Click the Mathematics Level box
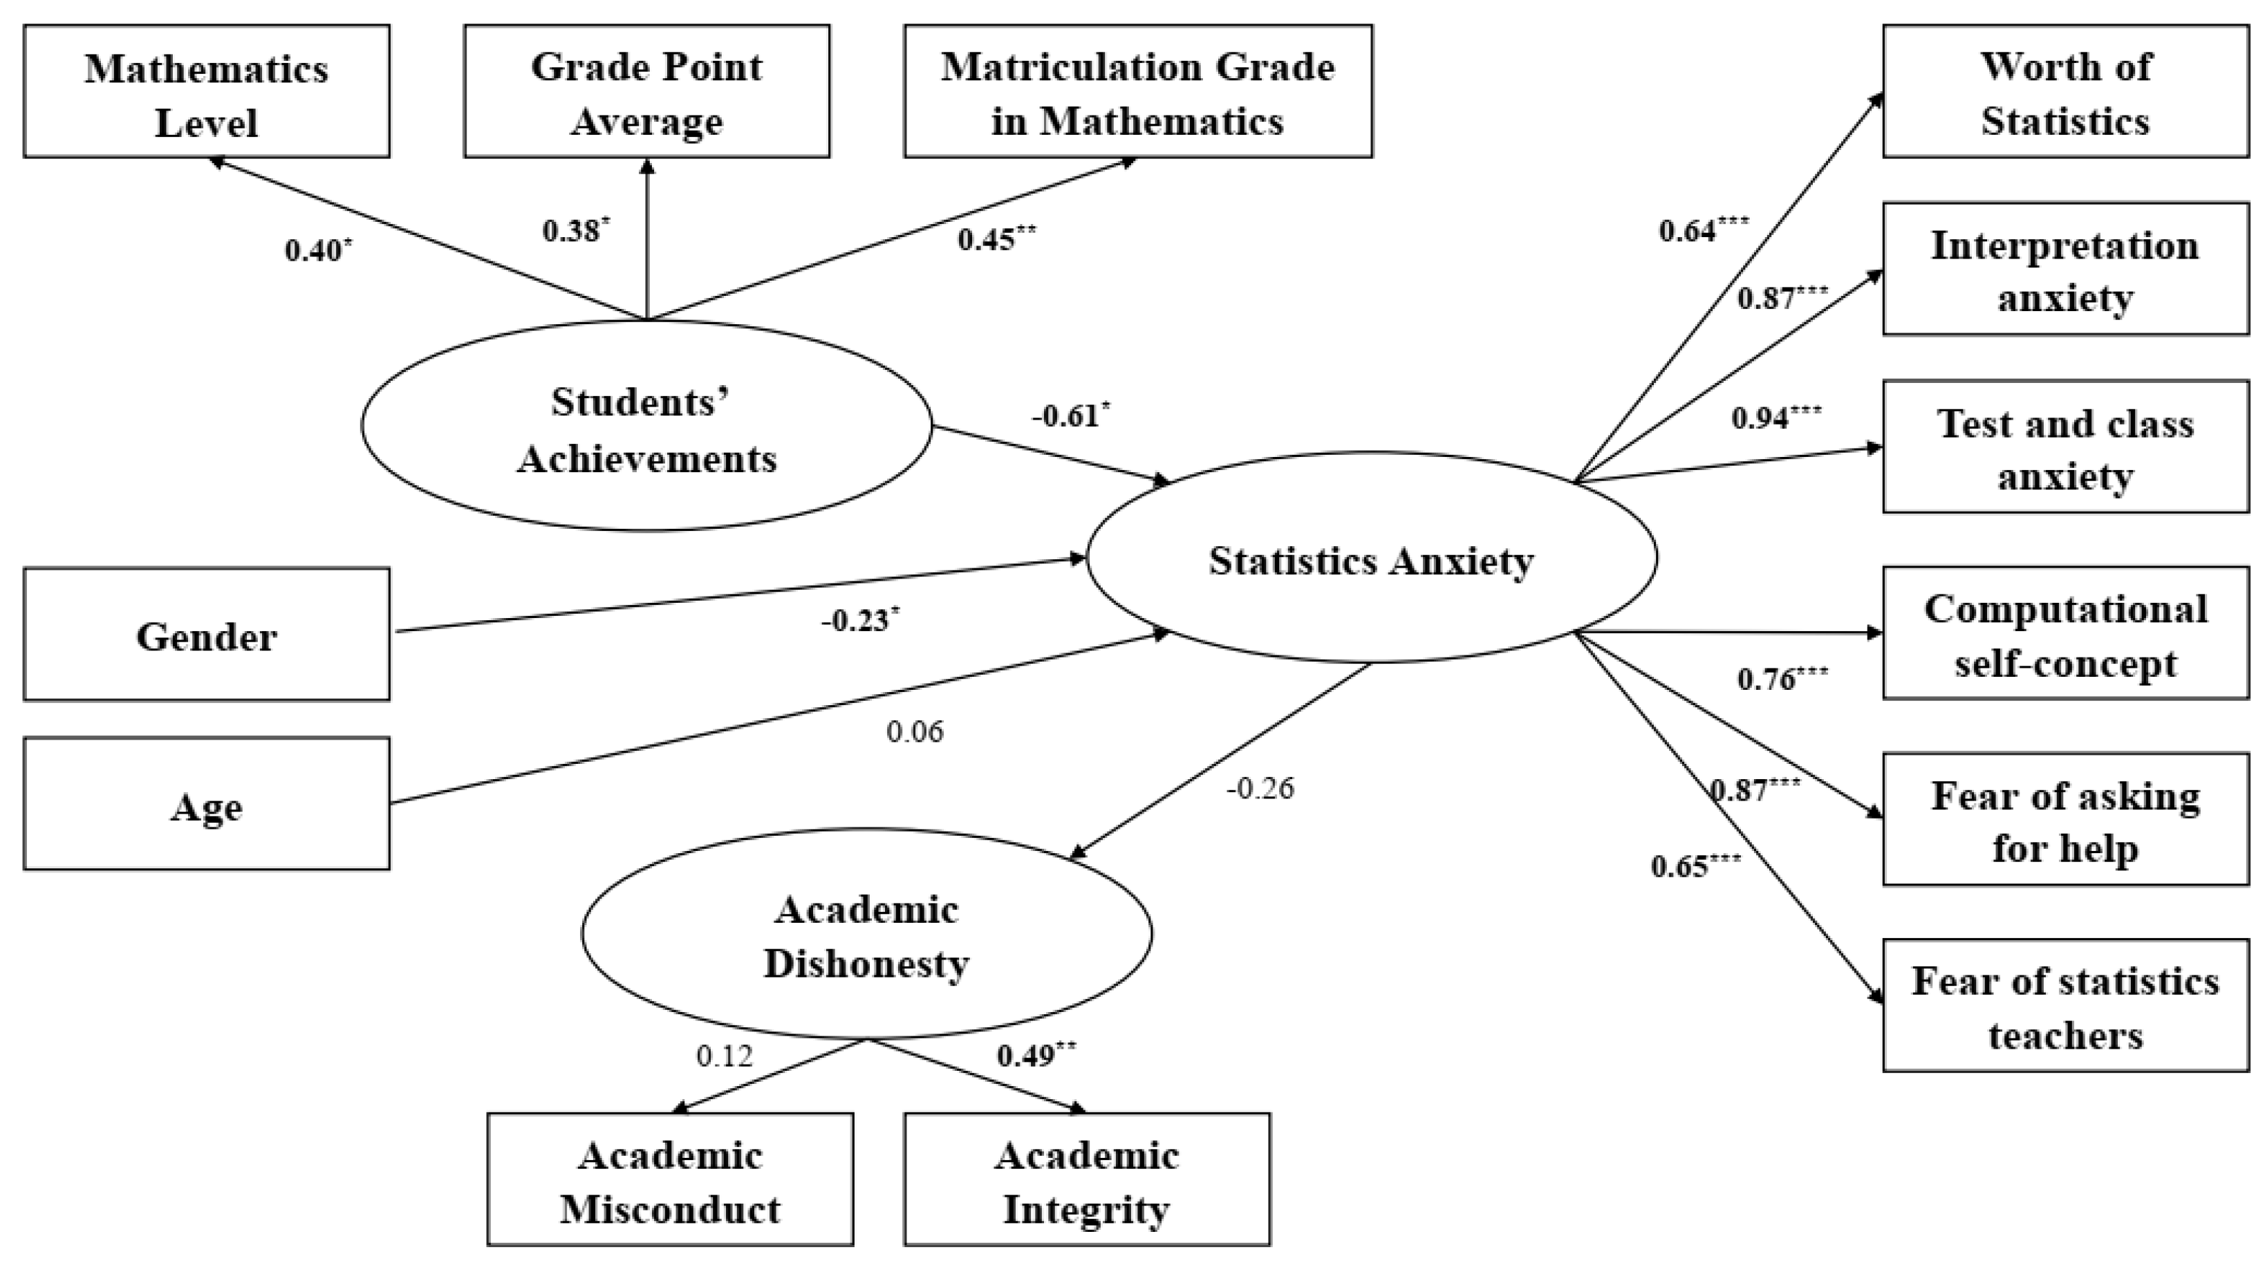click(207, 91)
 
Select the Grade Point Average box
click(646, 91)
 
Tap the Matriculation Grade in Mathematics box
click(1138, 91)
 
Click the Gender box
click(207, 635)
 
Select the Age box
click(207, 805)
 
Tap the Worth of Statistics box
click(2065, 91)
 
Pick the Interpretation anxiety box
click(2065, 269)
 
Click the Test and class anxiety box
click(2065, 447)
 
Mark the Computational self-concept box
click(2065, 634)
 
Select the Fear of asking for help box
click(2065, 820)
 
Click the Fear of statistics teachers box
click(2065, 1007)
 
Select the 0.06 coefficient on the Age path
click(915, 731)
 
